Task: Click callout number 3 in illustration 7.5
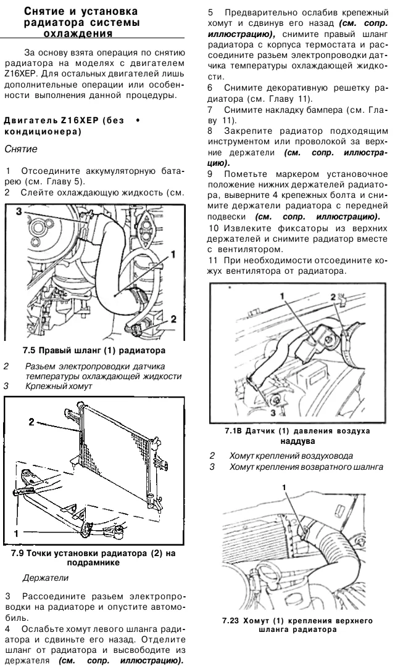point(19,211)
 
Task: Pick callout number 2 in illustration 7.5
point(175,319)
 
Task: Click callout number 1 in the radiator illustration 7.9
point(17,530)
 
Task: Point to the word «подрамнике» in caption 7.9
point(93,562)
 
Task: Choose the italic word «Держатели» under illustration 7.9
point(41,580)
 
